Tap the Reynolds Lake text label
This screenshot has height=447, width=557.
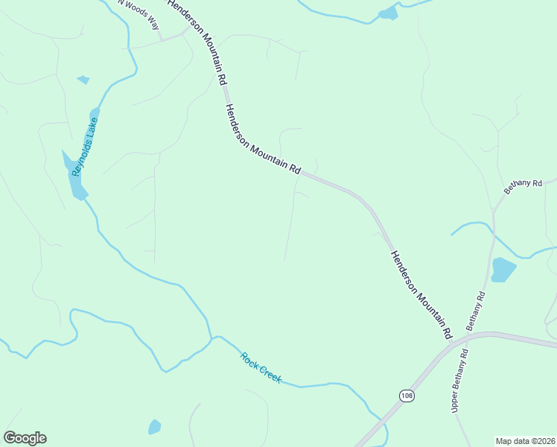click(85, 146)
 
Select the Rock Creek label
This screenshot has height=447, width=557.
click(261, 367)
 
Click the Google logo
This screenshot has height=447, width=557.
click(25, 438)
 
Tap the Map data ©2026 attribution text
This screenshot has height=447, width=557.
click(525, 441)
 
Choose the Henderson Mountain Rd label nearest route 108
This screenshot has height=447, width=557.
click(421, 295)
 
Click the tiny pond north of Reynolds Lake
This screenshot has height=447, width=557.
click(83, 80)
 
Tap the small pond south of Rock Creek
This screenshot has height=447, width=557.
click(154, 427)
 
